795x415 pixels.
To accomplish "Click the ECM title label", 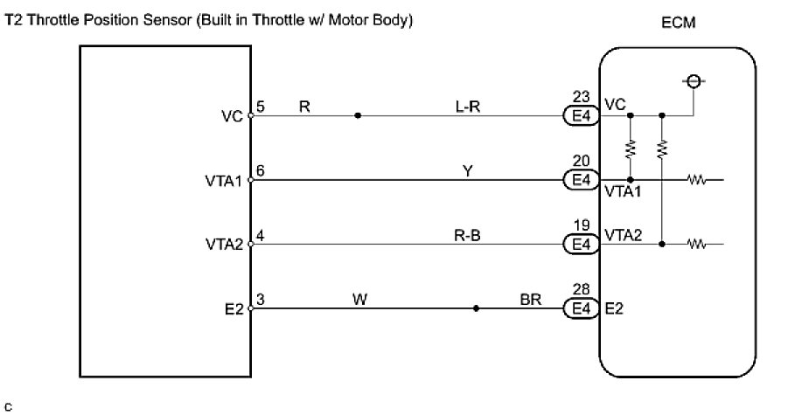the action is click(679, 23).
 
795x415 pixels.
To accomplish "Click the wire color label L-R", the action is click(468, 107).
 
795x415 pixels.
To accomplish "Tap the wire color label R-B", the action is click(467, 236).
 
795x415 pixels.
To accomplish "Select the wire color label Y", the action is click(468, 171).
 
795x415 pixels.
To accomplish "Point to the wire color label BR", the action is click(530, 300).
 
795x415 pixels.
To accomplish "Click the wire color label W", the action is click(359, 300).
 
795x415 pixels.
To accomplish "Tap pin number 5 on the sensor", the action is click(260, 107).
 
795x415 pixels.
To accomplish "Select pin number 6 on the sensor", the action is click(260, 170).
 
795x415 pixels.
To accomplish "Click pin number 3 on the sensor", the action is click(260, 300).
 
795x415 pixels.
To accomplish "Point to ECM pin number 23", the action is click(581, 97).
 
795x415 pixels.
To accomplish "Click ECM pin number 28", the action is click(581, 289).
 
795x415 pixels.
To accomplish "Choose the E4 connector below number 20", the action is click(581, 180).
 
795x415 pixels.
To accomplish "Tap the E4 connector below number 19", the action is click(581, 245).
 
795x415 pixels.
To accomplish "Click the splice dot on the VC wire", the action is click(358, 115).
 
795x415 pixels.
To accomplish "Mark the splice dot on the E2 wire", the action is click(476, 308).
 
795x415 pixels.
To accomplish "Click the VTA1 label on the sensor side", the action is click(224, 181).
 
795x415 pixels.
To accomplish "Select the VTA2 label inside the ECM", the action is click(624, 235).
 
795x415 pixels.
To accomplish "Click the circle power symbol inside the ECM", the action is click(694, 81).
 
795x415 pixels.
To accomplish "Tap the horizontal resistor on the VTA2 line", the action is click(697, 245).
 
